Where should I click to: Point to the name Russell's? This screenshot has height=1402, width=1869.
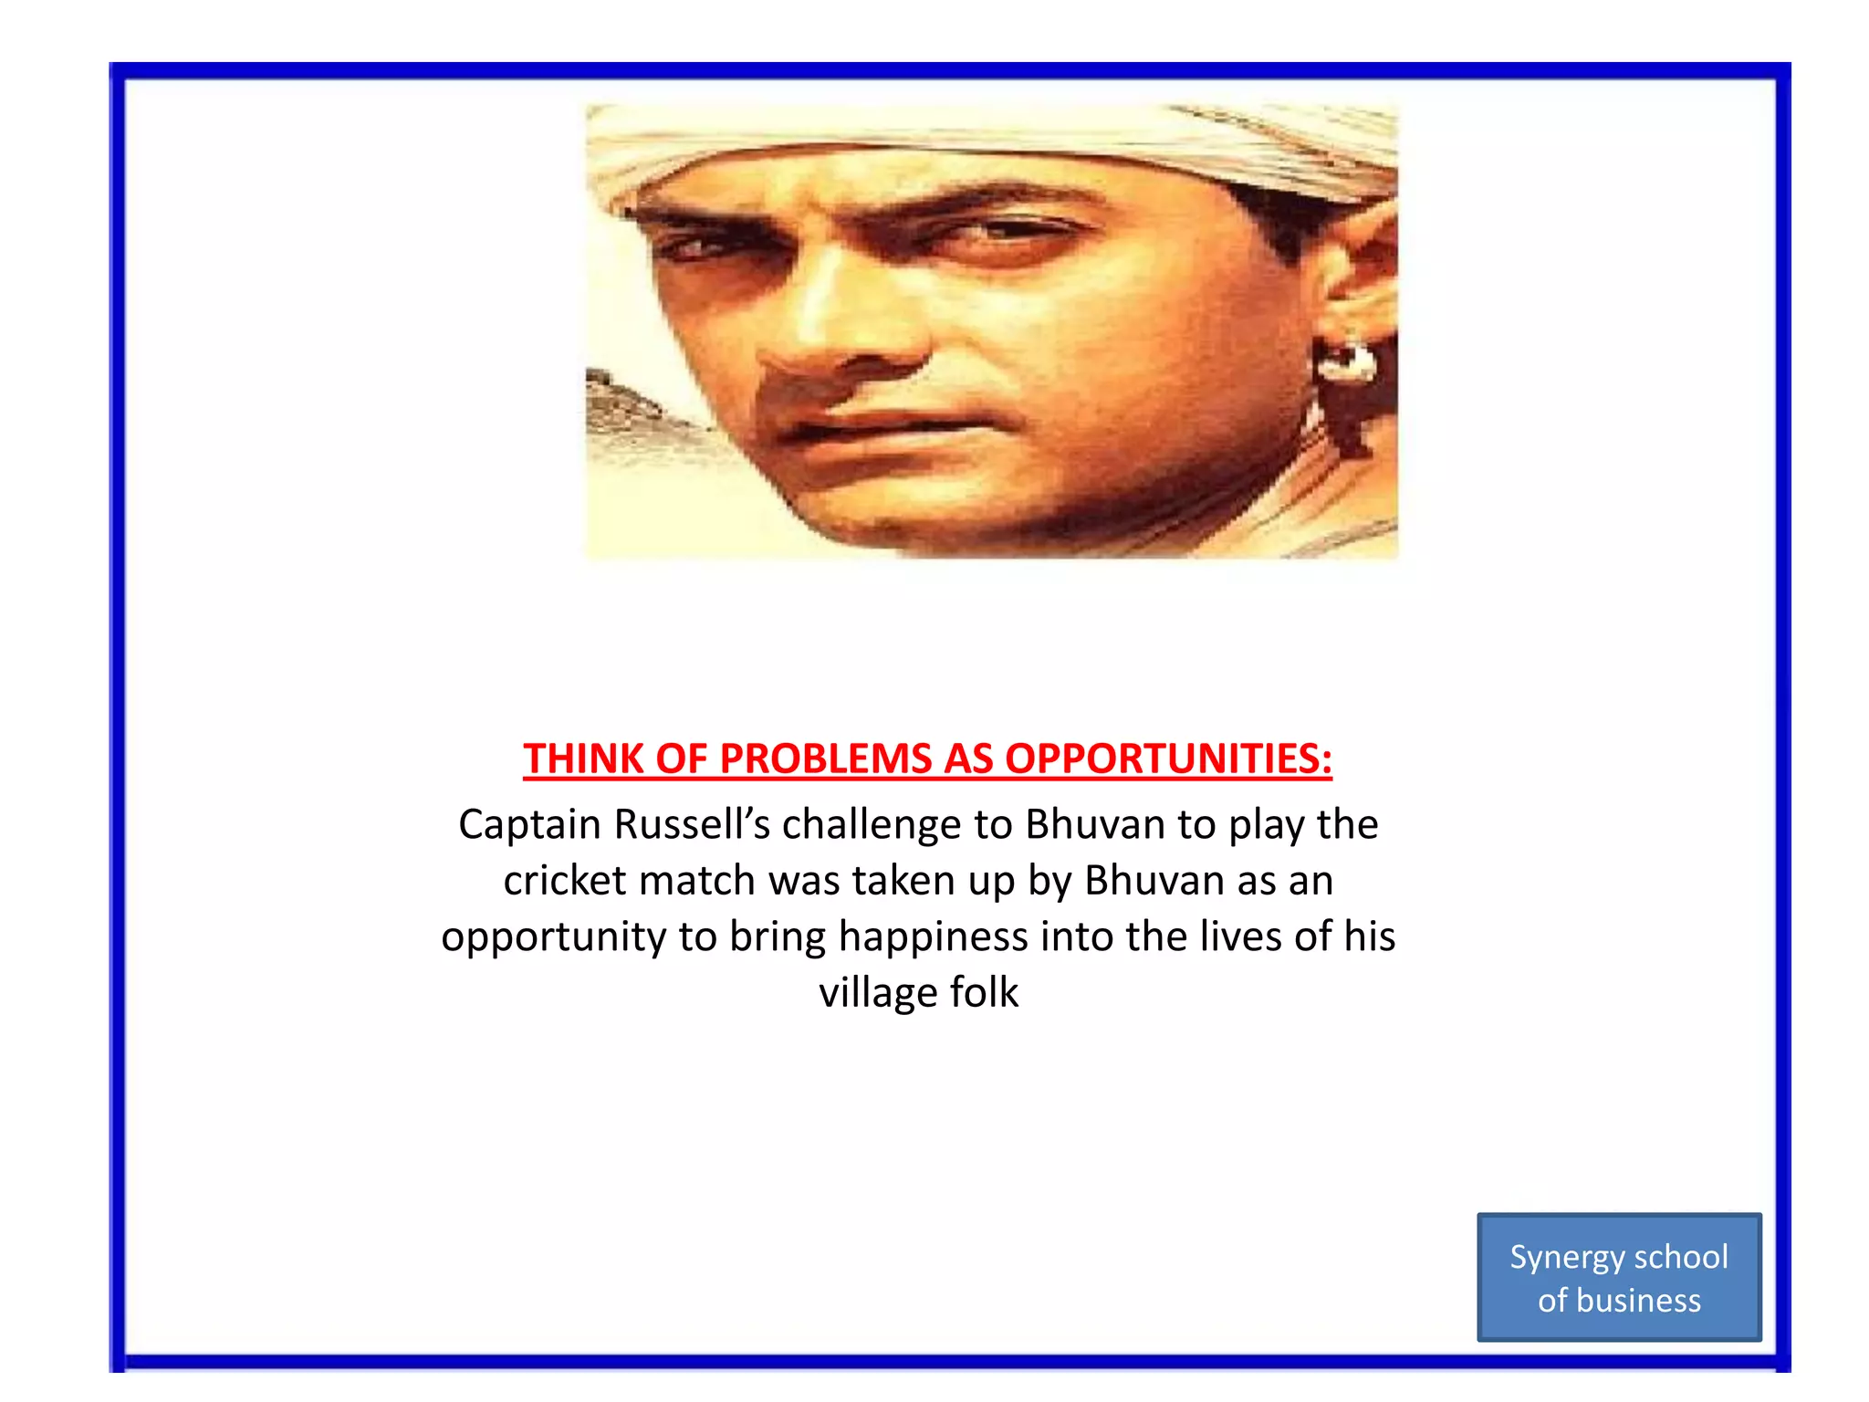pyautogui.click(x=693, y=824)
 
